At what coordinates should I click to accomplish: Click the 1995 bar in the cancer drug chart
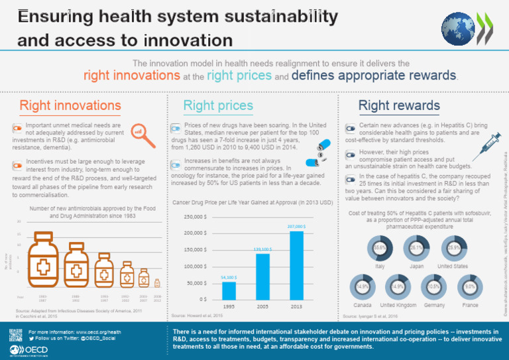point(229,290)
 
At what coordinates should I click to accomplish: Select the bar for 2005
point(262,276)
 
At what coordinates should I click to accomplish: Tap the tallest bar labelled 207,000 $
point(296,265)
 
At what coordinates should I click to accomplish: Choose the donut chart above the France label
point(469,286)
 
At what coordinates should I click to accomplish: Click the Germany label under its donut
point(434,305)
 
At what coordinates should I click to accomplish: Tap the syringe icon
point(487,141)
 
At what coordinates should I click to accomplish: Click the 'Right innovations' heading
point(70,105)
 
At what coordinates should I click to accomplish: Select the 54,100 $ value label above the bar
point(229,277)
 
